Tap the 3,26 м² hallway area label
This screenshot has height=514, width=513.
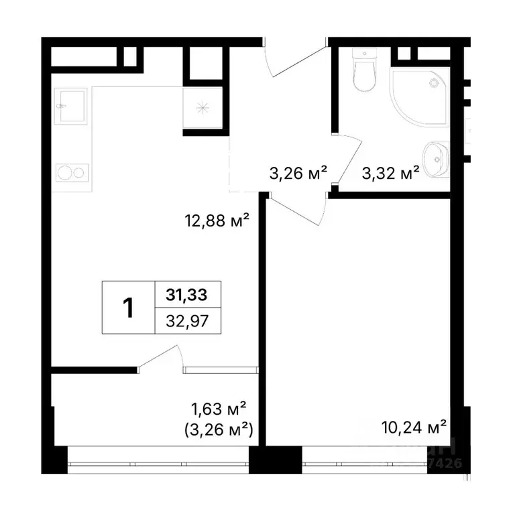coord(298,173)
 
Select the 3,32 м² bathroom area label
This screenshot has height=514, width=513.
coord(390,173)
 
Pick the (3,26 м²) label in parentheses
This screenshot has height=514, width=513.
coord(219,429)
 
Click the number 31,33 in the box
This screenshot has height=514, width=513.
coord(187,294)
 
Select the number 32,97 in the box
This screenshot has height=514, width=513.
coord(187,320)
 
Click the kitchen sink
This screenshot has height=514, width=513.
coord(70,106)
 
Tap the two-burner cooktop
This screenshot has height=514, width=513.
coord(70,173)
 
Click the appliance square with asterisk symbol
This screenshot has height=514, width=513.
coord(202,107)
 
